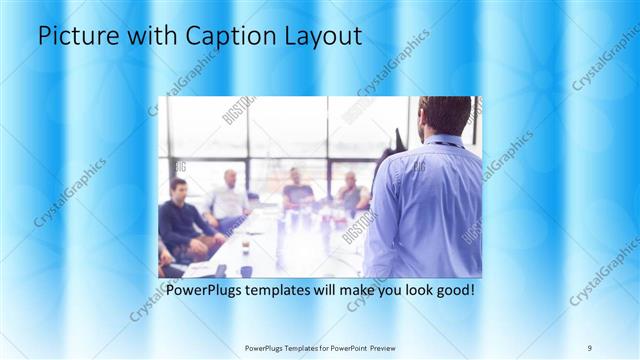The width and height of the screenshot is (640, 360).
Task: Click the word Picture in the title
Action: [x=75, y=36]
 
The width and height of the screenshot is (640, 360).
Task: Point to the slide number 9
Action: [x=589, y=347]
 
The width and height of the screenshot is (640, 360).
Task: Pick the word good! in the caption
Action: [x=453, y=291]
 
